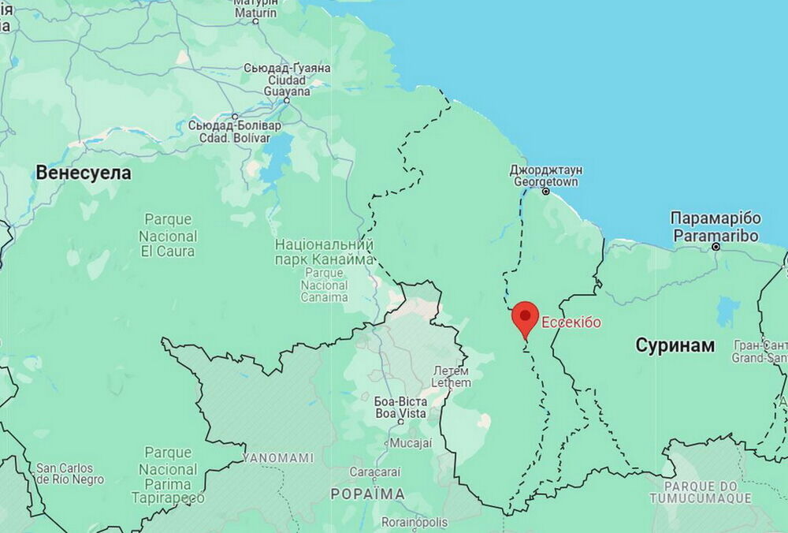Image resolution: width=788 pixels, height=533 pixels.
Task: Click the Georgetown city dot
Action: tap(545, 192)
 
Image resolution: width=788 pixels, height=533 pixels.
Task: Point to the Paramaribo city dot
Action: tap(716, 247)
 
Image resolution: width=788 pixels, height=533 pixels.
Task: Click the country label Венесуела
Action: tap(84, 173)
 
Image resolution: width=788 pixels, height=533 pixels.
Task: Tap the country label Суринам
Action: tap(675, 345)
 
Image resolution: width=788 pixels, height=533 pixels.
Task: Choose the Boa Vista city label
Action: tap(400, 408)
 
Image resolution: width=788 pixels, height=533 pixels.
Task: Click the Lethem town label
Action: tap(452, 377)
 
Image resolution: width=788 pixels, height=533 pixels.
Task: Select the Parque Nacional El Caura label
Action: tap(168, 236)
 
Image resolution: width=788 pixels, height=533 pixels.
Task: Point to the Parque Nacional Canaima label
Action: tap(324, 270)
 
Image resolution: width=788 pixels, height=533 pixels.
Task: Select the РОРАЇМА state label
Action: tap(367, 494)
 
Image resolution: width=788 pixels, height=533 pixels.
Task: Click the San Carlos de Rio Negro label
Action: tap(70, 473)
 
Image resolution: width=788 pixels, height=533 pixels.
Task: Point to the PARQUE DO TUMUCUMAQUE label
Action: tap(701, 492)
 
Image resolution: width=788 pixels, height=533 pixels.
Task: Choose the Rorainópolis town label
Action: tap(414, 522)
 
